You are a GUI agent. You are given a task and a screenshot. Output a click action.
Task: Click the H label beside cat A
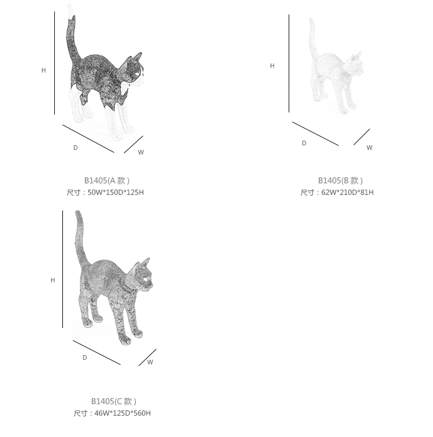(43, 70)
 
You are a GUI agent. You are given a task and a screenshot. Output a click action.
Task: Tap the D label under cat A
(76, 148)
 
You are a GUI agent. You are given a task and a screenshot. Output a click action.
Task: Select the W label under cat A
(141, 152)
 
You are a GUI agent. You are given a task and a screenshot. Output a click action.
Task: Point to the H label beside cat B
(272, 66)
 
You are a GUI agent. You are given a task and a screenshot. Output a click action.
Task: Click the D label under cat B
(304, 143)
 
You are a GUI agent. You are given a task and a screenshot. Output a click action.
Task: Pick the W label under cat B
(369, 148)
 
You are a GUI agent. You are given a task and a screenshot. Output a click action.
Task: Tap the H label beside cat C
(53, 280)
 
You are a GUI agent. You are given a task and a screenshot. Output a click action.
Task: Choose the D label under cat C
(85, 357)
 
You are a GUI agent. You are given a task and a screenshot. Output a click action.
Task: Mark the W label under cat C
(150, 362)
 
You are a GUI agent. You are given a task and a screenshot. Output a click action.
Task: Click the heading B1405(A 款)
(107, 180)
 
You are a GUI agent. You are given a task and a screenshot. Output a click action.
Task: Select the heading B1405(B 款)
(341, 180)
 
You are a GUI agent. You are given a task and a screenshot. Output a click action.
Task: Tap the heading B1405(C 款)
(114, 401)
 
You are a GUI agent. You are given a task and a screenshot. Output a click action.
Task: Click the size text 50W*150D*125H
(116, 193)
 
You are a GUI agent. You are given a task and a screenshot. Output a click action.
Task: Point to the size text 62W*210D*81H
(348, 193)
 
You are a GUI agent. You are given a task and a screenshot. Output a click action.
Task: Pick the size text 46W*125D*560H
(122, 413)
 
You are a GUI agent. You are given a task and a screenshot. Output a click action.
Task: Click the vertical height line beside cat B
(289, 63)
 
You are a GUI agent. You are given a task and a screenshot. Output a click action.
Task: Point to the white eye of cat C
(146, 280)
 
